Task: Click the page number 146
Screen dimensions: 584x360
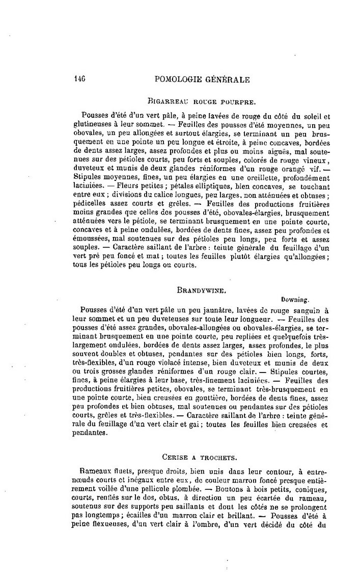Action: (x=78, y=79)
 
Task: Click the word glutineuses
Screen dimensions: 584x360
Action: (x=96, y=123)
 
